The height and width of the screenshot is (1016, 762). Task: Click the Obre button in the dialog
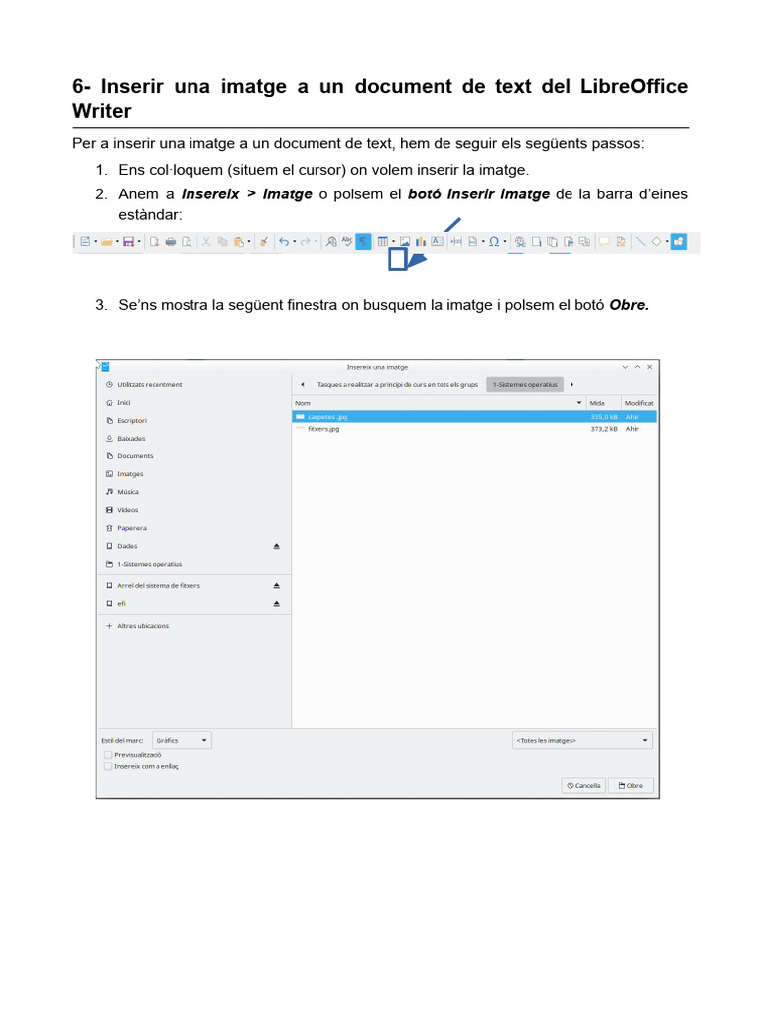[x=631, y=785]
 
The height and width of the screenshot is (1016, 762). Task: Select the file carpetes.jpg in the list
[x=327, y=417]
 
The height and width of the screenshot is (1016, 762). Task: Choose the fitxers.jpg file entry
[x=323, y=429]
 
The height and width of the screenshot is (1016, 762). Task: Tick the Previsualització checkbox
[x=107, y=754]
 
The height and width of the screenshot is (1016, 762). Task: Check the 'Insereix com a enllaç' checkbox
[x=107, y=766]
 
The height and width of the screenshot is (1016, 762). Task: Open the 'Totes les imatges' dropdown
[x=582, y=740]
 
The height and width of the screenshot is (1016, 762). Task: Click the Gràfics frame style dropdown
[x=183, y=740]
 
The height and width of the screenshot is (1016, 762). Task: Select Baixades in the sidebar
[x=131, y=438]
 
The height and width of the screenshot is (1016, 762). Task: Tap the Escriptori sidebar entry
[x=132, y=420]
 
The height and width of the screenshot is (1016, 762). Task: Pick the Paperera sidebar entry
[x=131, y=528]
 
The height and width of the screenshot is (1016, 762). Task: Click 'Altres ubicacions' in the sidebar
[x=143, y=626]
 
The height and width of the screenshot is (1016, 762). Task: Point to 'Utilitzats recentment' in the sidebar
[x=149, y=384]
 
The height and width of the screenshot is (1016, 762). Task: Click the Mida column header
[x=598, y=403]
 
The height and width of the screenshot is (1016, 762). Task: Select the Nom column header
[x=303, y=403]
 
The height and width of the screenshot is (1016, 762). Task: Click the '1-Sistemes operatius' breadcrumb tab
[x=525, y=384]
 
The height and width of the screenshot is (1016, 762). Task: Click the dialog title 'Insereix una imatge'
[x=377, y=367]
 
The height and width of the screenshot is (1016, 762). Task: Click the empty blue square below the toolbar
[x=397, y=260]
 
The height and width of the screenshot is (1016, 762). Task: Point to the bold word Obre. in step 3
[x=629, y=305]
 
